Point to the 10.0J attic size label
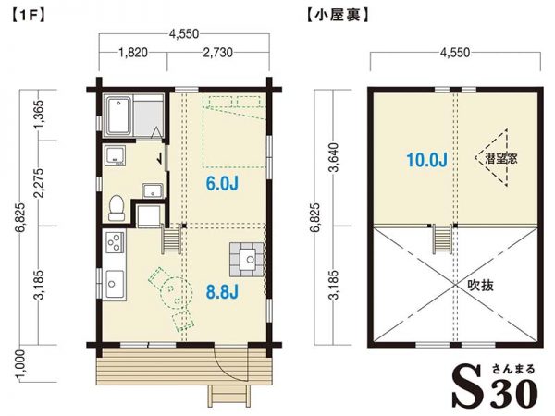pyautogui.click(x=425, y=160)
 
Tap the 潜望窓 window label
pyautogui.click(x=500, y=159)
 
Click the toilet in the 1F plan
pyautogui.click(x=117, y=207)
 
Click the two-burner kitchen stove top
pyautogui.click(x=115, y=245)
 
